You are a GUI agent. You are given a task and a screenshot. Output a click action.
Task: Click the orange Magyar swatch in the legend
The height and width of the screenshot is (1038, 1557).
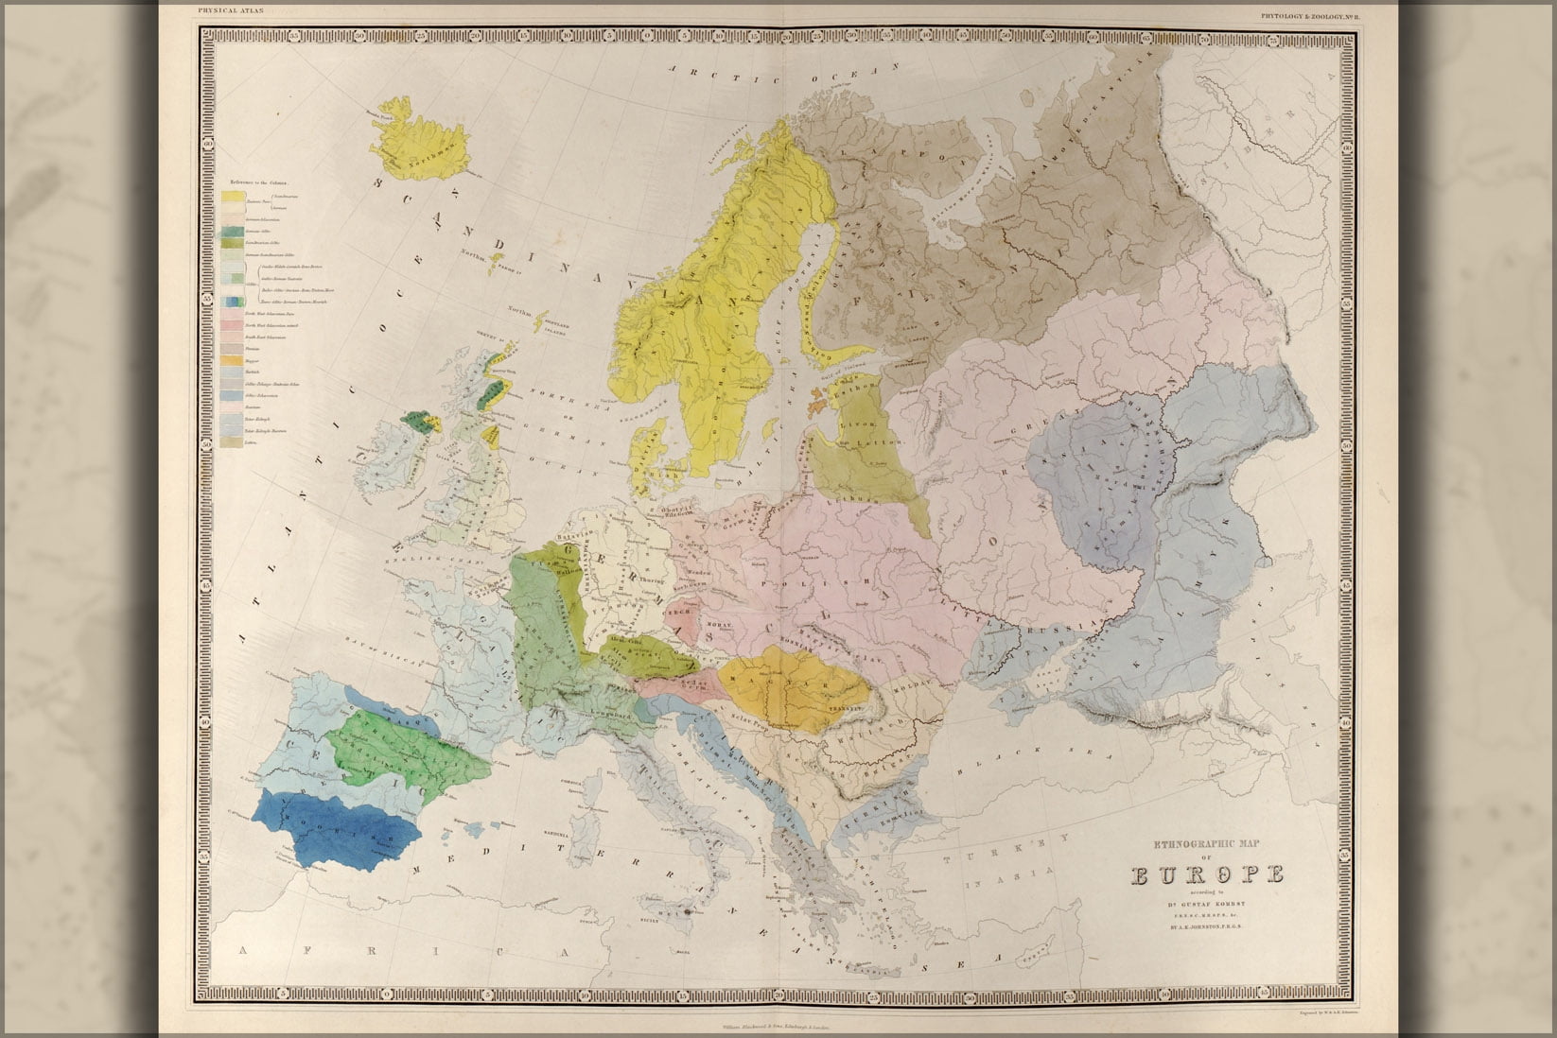(232, 360)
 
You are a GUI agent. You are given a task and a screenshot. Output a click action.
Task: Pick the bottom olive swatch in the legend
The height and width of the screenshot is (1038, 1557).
(232, 441)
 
